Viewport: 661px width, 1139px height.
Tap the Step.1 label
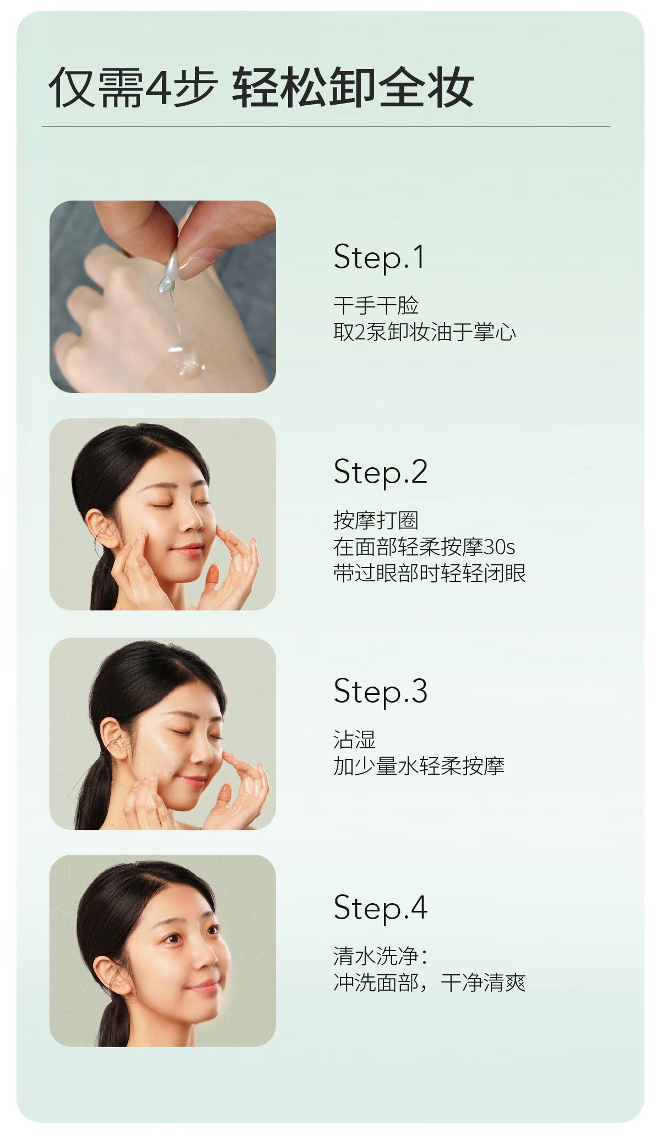(379, 257)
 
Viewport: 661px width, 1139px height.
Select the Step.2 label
(380, 472)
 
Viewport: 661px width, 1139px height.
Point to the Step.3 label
(380, 692)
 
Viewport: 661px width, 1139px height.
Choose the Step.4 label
(380, 908)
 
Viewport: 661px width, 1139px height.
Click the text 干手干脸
(376, 305)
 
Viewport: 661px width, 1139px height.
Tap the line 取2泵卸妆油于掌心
(425, 332)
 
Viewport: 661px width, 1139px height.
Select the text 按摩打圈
(376, 520)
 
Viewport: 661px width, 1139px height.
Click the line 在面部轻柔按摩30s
(424, 547)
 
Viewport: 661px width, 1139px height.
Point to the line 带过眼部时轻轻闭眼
(430, 573)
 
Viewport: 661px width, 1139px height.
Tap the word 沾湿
(354, 739)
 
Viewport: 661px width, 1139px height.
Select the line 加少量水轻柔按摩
(419, 766)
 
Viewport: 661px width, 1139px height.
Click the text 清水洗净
(380, 956)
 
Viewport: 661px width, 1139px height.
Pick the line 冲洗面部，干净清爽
(430, 983)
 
